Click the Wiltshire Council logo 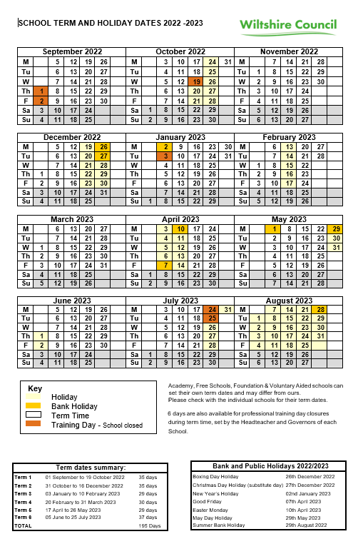point(288,26)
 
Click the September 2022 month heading point(72,51)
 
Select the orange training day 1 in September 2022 point(42,91)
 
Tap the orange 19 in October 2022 point(197,81)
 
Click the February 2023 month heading point(289,137)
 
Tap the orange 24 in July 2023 point(213,310)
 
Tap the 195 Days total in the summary point(150,525)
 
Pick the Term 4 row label point(24,502)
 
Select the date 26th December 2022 point(310,476)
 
